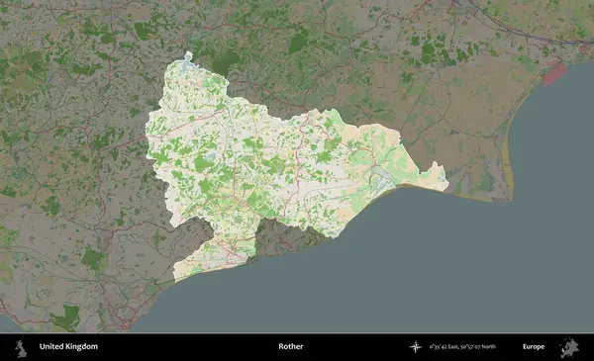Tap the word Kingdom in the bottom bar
tap(82, 347)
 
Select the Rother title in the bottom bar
tap(290, 347)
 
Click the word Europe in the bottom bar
tap(534, 347)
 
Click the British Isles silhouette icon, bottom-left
tap(19, 347)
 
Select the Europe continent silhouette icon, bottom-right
tap(570, 347)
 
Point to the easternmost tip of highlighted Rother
tap(446, 181)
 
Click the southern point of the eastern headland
tap(510, 197)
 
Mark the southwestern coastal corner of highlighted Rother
tap(176, 278)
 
